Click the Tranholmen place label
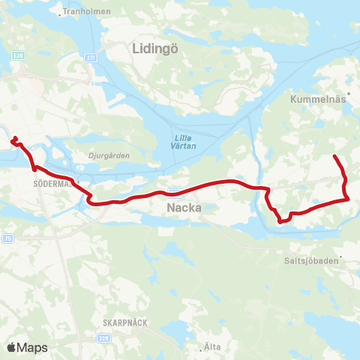click(x=88, y=12)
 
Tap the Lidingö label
click(x=153, y=49)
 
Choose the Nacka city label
click(x=183, y=207)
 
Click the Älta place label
click(x=212, y=346)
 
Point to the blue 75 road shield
click(x=7, y=238)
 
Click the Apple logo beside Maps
click(x=11, y=347)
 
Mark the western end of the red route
click(x=12, y=137)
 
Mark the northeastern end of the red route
click(x=334, y=156)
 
